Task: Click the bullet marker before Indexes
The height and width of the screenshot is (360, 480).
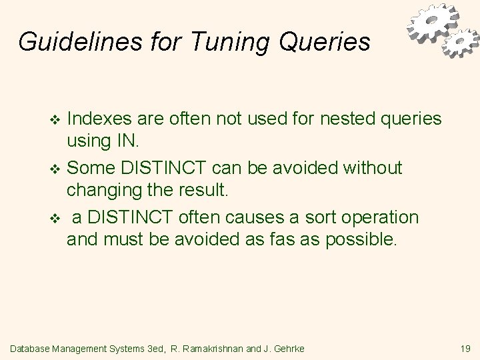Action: click(55, 120)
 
